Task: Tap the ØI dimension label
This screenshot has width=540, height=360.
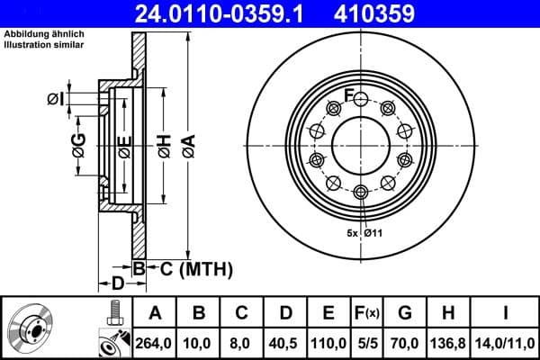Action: (x=57, y=98)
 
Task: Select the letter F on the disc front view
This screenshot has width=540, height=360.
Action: (x=349, y=96)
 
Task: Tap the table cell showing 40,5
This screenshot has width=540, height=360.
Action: (x=285, y=340)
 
